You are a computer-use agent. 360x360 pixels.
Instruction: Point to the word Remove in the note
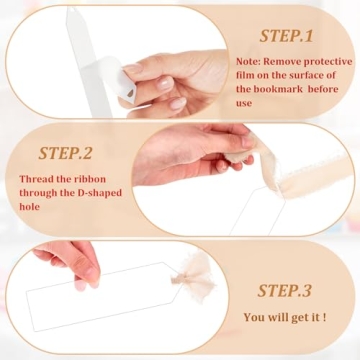click(x=283, y=61)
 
